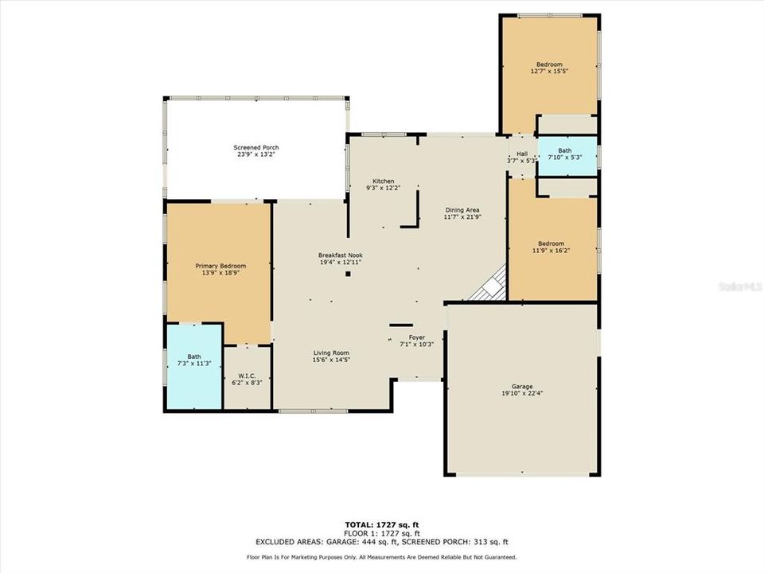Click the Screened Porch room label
pyautogui.click(x=256, y=148)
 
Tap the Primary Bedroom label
pyautogui.click(x=221, y=266)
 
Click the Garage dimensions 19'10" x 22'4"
pyautogui.click(x=522, y=393)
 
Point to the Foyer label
pyautogui.click(x=418, y=337)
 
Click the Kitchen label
pyautogui.click(x=384, y=181)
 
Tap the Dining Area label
pyautogui.click(x=462, y=210)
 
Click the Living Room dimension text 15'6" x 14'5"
pyautogui.click(x=331, y=360)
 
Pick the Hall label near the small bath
pyautogui.click(x=522, y=154)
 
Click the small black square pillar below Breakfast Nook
pyautogui.click(x=348, y=275)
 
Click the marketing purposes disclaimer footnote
pyautogui.click(x=382, y=557)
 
